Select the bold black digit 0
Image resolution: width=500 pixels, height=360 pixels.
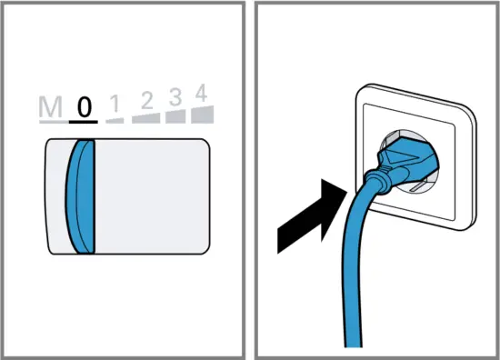click(84, 106)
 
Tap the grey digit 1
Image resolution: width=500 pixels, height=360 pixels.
click(115, 104)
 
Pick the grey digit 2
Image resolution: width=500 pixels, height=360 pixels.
click(144, 100)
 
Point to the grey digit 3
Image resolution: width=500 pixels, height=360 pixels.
click(174, 95)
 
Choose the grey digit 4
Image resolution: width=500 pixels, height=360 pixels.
click(202, 92)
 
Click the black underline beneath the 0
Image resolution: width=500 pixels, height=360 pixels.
click(84, 120)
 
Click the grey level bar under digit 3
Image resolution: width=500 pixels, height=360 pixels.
click(174, 115)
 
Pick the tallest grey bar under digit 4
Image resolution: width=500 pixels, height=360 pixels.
click(203, 113)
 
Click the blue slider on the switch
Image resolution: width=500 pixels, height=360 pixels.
click(82, 195)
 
